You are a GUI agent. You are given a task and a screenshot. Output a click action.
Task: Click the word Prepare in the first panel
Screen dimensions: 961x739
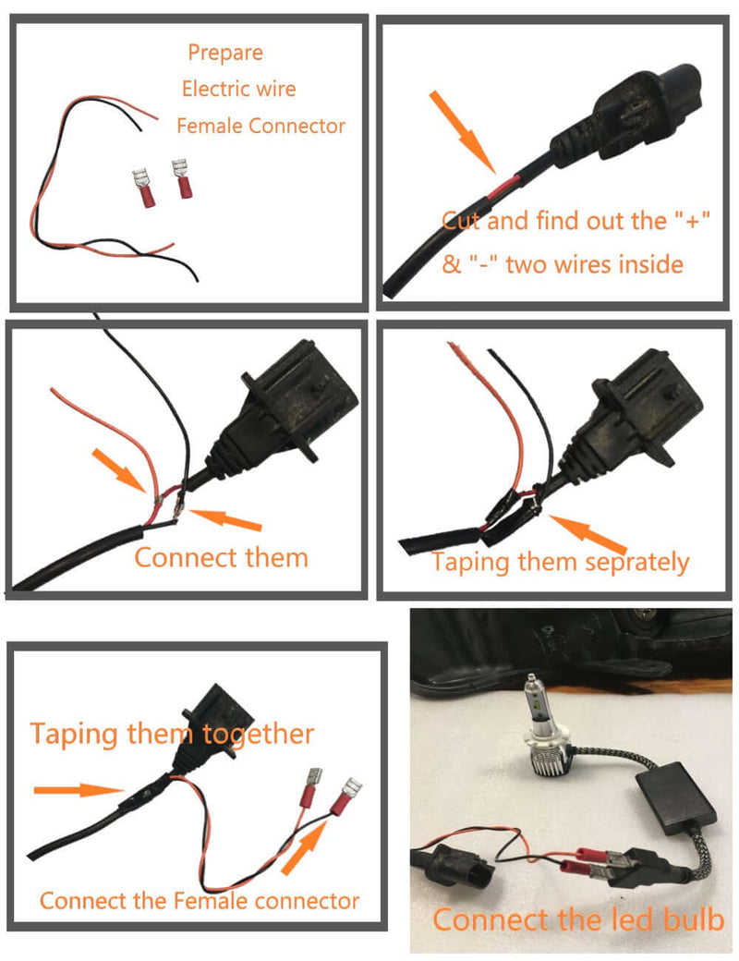tap(225, 53)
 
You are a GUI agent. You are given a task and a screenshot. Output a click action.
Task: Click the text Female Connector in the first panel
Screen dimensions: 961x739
tap(260, 126)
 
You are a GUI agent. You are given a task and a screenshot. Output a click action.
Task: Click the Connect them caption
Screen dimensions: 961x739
tap(221, 557)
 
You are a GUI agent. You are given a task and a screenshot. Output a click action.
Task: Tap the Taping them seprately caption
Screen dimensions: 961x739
tap(560, 561)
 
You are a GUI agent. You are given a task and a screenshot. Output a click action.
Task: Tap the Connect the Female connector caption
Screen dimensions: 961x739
tap(199, 900)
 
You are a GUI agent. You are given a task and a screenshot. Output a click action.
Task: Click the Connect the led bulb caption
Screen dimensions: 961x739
tap(578, 919)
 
